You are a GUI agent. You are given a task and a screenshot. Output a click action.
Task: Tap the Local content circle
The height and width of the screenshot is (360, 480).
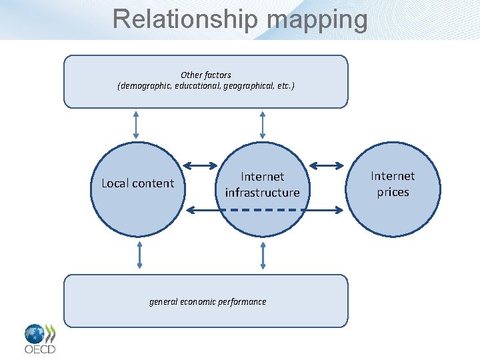(x=137, y=190)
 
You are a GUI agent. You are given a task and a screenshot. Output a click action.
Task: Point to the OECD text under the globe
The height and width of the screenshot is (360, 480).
(x=40, y=349)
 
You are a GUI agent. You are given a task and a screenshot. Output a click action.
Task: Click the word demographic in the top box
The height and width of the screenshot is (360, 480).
(x=145, y=86)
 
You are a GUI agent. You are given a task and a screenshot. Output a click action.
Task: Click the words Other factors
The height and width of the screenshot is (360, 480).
(x=206, y=75)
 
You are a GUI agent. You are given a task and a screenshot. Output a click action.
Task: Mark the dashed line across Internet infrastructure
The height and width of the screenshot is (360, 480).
(x=262, y=210)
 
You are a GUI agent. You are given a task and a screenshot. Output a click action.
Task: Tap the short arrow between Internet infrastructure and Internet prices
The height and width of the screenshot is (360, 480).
(x=327, y=165)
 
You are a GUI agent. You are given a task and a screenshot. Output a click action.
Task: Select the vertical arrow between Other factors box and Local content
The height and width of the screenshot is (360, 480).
(x=136, y=124)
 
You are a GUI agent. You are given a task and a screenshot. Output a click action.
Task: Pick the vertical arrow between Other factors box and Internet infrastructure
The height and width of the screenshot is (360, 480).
(x=262, y=124)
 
